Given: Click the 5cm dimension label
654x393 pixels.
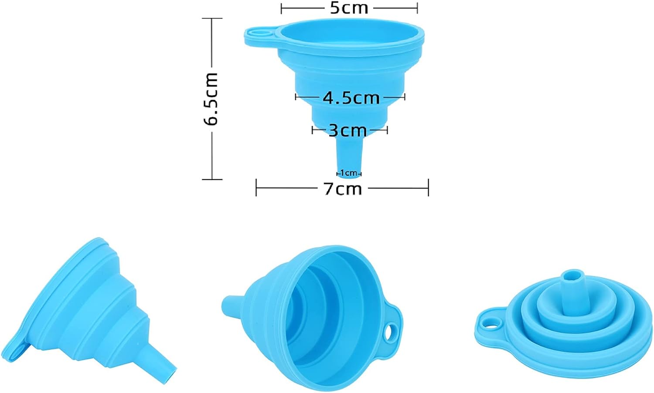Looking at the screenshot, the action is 349,8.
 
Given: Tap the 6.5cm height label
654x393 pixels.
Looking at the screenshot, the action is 211,99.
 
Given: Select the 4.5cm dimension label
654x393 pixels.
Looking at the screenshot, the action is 351,98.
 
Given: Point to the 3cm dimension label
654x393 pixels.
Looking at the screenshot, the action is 348,130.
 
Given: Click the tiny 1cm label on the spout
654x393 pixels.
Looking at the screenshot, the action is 349,173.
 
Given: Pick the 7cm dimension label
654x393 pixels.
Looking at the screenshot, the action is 343,189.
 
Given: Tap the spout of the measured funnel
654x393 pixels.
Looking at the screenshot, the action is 349,156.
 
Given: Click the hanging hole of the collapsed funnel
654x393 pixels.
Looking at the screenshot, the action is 490,323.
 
